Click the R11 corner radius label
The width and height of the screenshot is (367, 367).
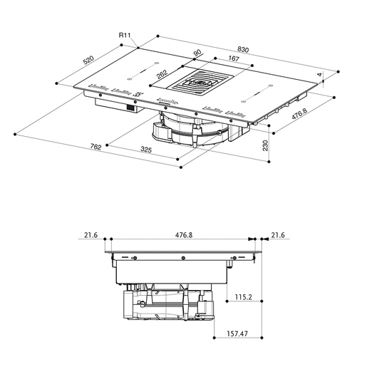point(125,36)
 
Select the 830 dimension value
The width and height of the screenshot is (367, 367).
point(243,49)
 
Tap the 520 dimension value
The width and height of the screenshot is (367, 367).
point(88,60)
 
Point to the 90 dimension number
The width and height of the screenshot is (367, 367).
point(197,53)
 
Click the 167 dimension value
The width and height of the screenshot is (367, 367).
point(234,58)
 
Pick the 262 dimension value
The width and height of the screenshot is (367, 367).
point(162,74)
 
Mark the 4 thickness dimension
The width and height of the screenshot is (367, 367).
point(320,75)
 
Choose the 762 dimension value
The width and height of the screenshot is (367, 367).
point(95,147)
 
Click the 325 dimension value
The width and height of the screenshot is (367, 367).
point(146,149)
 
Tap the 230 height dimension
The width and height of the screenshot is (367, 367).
point(265,145)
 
